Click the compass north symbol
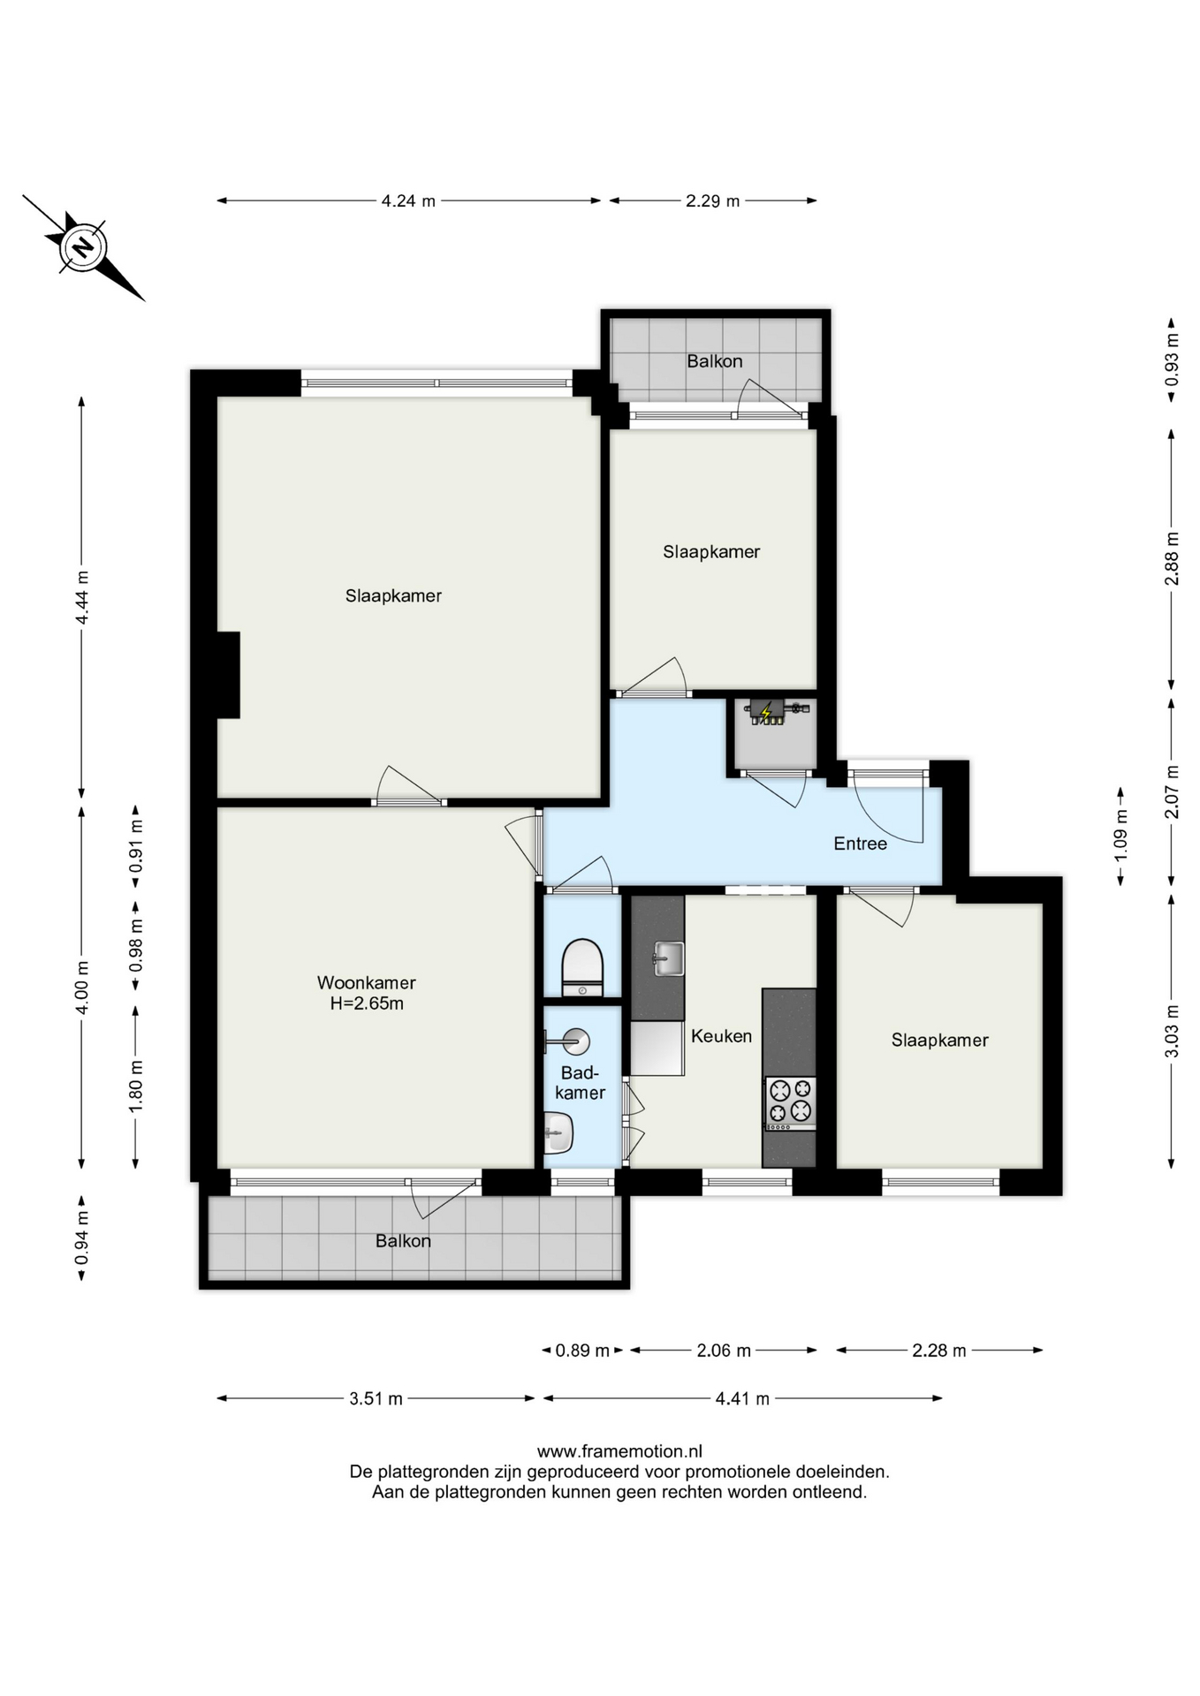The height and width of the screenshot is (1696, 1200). coord(83,247)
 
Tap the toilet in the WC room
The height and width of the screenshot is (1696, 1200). coord(582,967)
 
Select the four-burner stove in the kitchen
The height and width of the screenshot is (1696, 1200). coord(790,1103)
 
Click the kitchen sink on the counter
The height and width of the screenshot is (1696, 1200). coord(669,958)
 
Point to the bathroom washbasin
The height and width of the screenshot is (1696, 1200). coord(558,1132)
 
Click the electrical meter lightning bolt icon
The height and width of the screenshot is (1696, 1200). coord(767,710)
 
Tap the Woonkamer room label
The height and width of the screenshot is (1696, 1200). coord(367,982)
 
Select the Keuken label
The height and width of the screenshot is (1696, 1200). coord(721,1036)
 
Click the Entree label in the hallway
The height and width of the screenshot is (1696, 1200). coord(860,844)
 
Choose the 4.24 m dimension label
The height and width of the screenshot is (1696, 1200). coord(408,201)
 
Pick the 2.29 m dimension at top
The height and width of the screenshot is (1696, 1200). coord(712,201)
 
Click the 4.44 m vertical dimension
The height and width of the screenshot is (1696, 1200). coord(81,597)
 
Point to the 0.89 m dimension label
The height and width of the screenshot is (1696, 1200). coord(582,1350)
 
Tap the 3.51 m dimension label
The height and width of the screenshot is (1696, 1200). coord(376,1398)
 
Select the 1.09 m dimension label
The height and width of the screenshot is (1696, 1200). coord(1120,836)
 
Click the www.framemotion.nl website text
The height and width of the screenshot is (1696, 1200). coord(619,1450)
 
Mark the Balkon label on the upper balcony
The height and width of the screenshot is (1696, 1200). coord(715,361)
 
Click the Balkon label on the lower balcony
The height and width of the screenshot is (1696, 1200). coord(403,1241)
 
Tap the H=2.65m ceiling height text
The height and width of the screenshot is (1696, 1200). coord(367,1003)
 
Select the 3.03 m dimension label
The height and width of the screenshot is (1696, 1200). coord(1172,1031)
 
